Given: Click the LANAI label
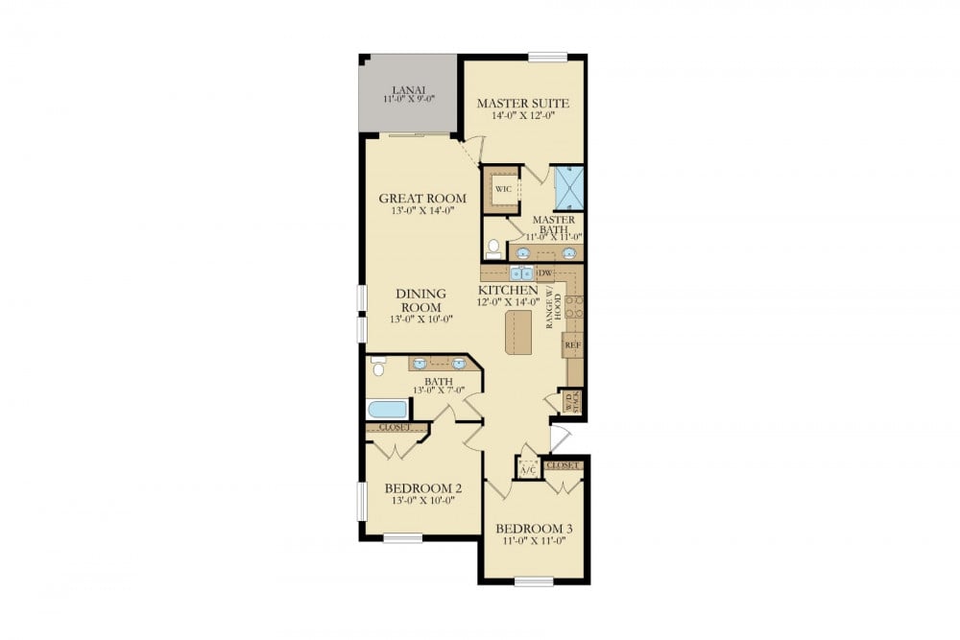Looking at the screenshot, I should click(x=408, y=89).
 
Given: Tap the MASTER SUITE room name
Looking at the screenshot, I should click(x=523, y=104).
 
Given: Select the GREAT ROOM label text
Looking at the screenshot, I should click(x=421, y=199).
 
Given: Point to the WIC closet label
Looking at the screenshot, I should click(x=502, y=188).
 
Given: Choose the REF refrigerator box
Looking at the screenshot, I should click(x=573, y=344).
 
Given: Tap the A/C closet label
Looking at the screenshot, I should click(x=527, y=469).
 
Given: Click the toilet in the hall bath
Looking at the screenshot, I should click(x=377, y=366).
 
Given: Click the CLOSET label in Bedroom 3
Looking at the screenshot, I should click(x=563, y=465).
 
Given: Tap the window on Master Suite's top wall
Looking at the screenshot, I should click(x=548, y=57).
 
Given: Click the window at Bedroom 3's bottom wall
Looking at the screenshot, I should click(x=533, y=581).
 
